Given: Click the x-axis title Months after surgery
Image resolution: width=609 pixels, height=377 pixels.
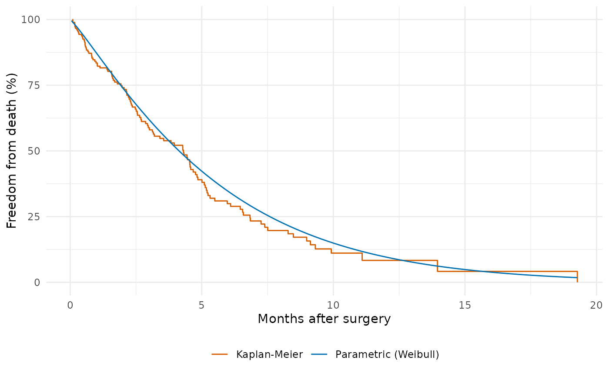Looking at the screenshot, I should click(324, 319).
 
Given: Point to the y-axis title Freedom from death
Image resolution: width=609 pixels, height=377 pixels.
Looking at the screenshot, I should click(12, 151).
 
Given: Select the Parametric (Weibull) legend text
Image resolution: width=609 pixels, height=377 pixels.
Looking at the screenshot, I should click(387, 354).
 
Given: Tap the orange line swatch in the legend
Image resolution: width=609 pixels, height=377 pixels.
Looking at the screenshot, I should click(220, 354).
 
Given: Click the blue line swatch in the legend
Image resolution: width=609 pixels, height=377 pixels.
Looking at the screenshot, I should click(319, 354).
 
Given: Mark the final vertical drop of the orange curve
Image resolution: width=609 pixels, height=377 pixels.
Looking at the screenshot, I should click(577, 277).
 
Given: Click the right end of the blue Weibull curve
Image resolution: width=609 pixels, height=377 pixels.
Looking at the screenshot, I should click(577, 278).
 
